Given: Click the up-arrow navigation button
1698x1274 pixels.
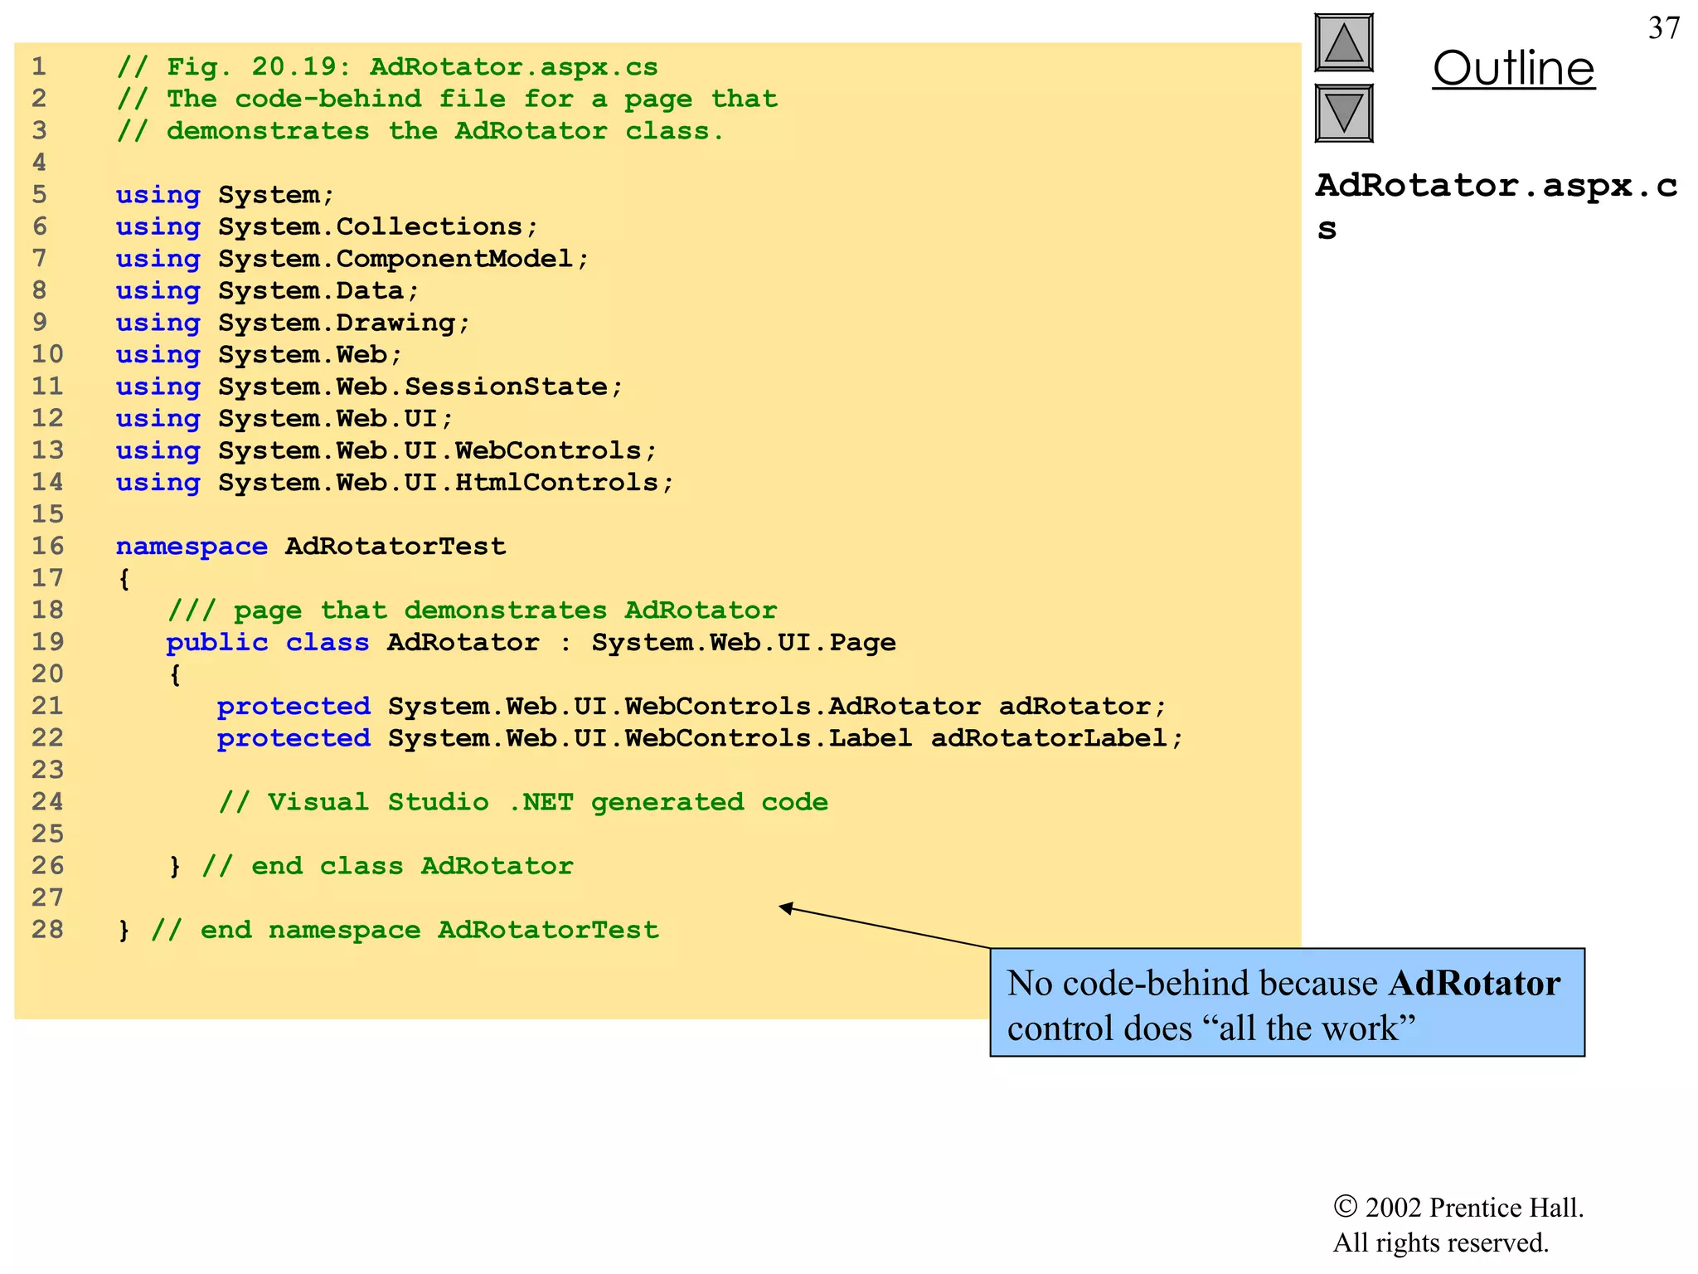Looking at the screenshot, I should click(1343, 43).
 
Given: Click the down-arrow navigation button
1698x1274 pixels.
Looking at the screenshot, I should click(1343, 113).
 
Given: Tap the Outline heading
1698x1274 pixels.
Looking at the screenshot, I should click(1513, 69).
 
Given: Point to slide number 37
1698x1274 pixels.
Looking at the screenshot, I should click(1663, 29).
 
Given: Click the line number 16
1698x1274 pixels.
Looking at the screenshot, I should click(47, 547).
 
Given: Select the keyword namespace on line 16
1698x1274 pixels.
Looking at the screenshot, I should click(192, 547).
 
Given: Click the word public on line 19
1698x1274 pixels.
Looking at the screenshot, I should click(216, 643).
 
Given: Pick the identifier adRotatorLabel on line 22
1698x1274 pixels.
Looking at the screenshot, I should click(1049, 738).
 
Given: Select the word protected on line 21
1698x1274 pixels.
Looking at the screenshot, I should click(294, 707).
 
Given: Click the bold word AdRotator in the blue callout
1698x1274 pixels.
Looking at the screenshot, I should click(1474, 984).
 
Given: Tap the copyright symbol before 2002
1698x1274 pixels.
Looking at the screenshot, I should click(1345, 1207).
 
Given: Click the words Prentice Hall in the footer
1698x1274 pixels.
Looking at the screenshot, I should click(1506, 1208).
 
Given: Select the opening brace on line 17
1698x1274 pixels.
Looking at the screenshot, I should click(124, 579).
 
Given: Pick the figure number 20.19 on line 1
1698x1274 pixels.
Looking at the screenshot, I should click(294, 67).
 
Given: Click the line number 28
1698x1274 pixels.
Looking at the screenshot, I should click(47, 930).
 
